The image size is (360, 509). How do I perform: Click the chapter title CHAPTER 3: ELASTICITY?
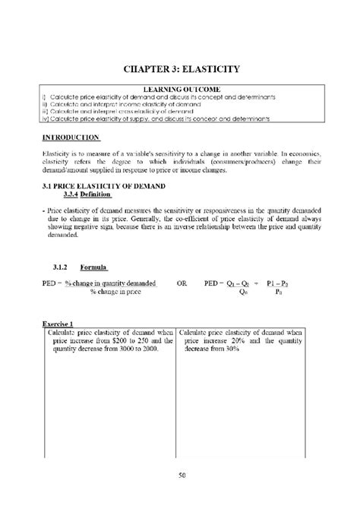pos(181,69)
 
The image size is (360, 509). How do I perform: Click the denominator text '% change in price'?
pos(115,291)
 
